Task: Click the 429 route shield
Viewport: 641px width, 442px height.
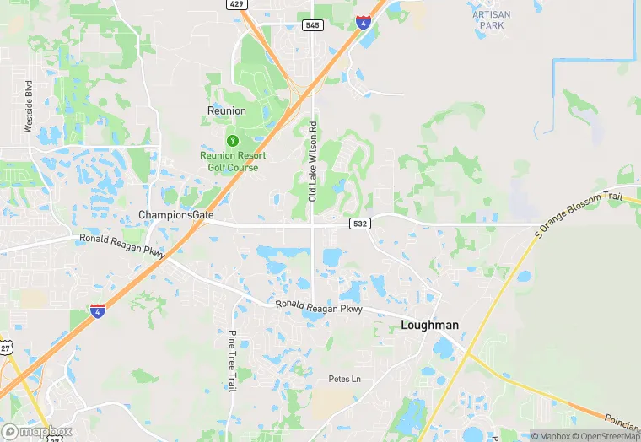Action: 238,4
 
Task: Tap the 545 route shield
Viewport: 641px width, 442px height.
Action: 313,25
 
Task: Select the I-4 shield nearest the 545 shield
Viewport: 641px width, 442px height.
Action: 363,22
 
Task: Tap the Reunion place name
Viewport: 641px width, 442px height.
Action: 227,110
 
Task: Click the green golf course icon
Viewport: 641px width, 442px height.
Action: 232,138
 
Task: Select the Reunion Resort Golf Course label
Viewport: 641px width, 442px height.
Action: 233,161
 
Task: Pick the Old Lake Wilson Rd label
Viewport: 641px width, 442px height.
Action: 312,161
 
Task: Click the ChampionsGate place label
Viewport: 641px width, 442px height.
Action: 176,216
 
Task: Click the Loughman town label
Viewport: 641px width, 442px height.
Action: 429,325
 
